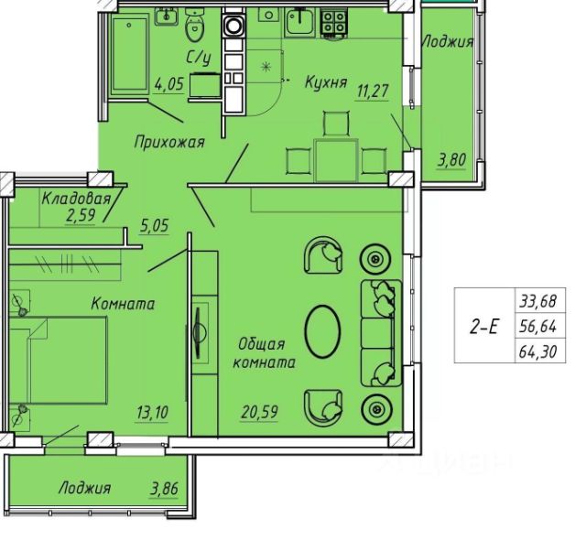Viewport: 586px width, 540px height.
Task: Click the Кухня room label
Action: click(x=326, y=82)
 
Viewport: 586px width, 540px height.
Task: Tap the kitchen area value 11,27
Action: click(x=373, y=91)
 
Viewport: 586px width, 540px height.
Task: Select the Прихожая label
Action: click(x=169, y=142)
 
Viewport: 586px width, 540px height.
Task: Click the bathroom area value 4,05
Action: click(x=168, y=84)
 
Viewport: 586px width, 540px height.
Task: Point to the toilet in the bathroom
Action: click(x=195, y=26)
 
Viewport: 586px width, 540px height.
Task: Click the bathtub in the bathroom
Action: click(x=129, y=53)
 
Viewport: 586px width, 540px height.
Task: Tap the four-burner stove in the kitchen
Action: click(x=333, y=23)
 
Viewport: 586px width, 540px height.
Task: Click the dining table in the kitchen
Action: click(x=336, y=160)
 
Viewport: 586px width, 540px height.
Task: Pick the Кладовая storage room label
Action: click(x=76, y=199)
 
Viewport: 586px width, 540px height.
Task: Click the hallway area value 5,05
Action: click(x=155, y=226)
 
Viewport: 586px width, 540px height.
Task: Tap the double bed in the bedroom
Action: click(x=58, y=360)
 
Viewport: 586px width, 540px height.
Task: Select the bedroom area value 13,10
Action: click(x=153, y=413)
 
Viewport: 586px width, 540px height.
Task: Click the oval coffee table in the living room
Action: click(x=323, y=331)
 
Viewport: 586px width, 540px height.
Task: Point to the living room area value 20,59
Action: click(x=259, y=412)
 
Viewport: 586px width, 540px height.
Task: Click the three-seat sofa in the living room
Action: click(x=381, y=333)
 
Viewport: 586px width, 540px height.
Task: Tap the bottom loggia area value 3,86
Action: click(x=164, y=489)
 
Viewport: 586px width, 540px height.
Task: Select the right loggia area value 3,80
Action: click(x=452, y=160)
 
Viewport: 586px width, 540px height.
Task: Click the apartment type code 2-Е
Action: click(x=484, y=327)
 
